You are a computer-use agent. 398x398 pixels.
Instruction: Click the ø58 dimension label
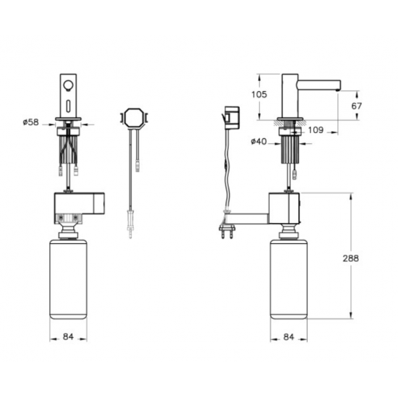30,122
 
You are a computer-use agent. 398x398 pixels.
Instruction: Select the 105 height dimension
259,94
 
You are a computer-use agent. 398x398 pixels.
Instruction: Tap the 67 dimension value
356,106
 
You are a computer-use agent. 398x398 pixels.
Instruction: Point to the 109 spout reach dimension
316,130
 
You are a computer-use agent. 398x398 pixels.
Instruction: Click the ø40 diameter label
258,142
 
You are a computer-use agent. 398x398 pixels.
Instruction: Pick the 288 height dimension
351,258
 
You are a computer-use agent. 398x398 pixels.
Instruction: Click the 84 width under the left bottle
68,336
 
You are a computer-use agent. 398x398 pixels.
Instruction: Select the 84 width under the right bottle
289,337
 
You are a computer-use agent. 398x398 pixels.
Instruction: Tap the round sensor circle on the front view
68,85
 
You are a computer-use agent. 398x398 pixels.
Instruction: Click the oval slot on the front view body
68,106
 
